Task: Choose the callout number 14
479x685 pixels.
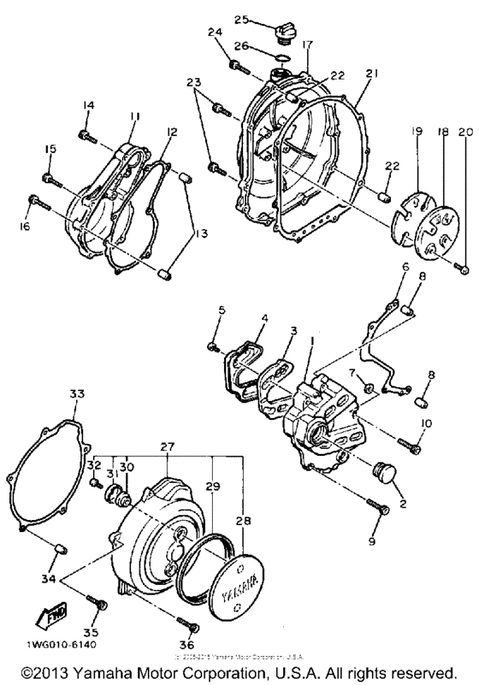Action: (x=87, y=105)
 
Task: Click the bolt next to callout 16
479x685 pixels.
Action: (x=37, y=202)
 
